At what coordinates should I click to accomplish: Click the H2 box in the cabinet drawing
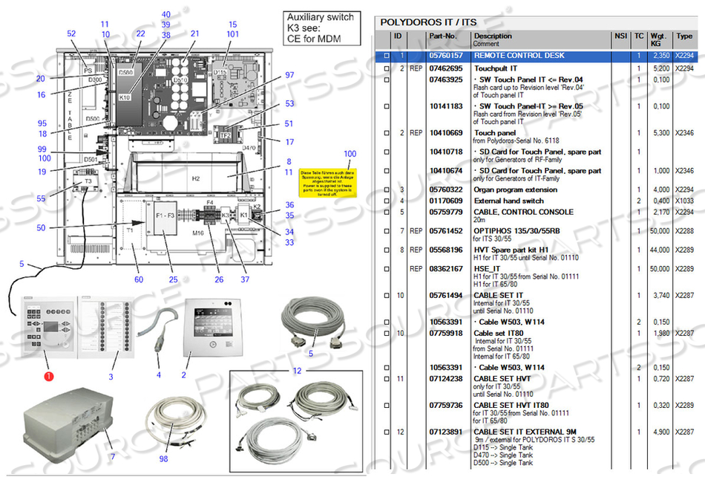point(197,179)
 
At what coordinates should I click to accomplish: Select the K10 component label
point(124,97)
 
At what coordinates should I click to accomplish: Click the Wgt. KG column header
point(658,39)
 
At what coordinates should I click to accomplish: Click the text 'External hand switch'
point(509,201)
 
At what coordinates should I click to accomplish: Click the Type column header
point(684,36)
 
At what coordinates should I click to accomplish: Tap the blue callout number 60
point(138,279)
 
